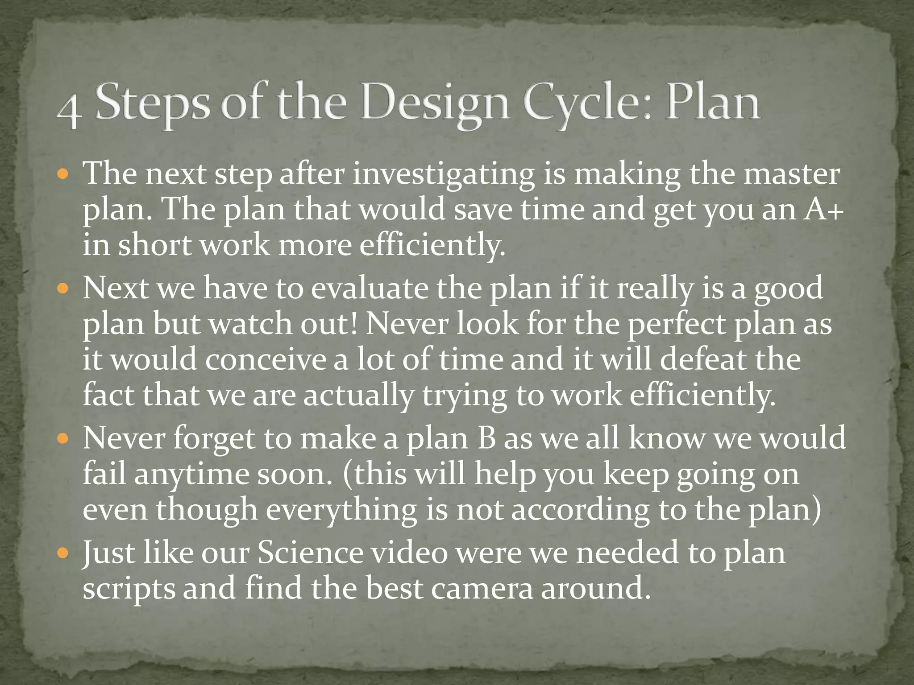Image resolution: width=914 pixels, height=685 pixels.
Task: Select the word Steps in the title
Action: click(x=152, y=105)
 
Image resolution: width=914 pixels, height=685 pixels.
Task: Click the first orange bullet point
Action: click(x=63, y=173)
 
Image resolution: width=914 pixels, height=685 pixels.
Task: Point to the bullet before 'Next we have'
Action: click(x=63, y=288)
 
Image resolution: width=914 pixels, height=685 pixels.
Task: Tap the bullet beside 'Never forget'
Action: click(x=63, y=438)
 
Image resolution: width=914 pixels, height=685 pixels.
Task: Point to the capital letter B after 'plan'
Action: click(x=486, y=438)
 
